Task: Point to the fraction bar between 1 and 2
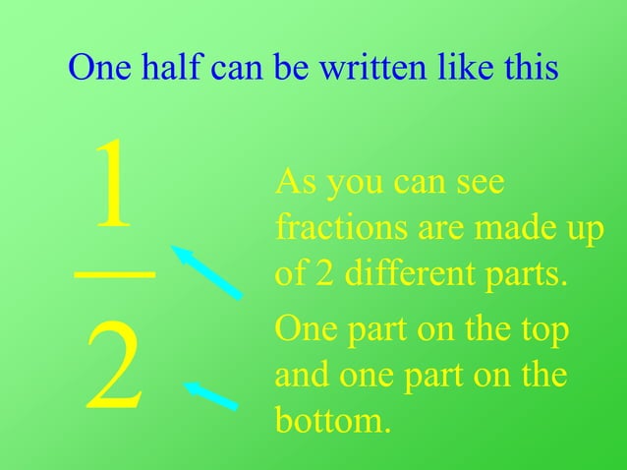[114, 275]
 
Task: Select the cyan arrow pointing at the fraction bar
[206, 271]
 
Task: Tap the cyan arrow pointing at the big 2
[210, 395]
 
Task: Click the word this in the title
[530, 68]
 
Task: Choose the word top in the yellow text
[543, 330]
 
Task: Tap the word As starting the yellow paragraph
[295, 182]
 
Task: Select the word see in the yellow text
[477, 184]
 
